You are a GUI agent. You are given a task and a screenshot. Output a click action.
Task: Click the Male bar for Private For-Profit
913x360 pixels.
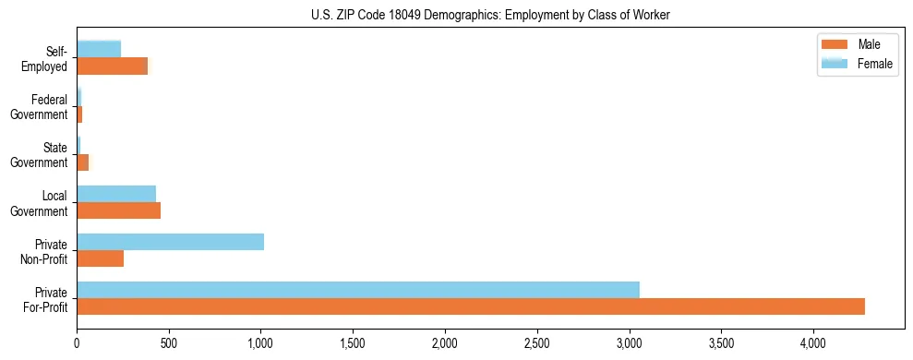point(471,306)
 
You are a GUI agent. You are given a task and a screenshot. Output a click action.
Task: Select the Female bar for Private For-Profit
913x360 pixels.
point(358,290)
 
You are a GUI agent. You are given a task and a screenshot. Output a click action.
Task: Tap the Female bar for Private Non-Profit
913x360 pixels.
point(170,242)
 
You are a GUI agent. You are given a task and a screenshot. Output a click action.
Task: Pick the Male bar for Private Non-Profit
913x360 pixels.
point(100,258)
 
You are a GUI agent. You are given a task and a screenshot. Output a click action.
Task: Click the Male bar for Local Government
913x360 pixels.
point(118,210)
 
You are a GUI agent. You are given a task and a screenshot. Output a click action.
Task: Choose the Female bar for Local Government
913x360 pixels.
point(116,194)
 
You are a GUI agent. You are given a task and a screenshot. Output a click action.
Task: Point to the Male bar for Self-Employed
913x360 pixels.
point(112,66)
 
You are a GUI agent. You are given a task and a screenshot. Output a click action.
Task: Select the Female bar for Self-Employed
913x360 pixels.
point(99,50)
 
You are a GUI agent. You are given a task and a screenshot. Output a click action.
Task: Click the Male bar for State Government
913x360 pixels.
point(82,162)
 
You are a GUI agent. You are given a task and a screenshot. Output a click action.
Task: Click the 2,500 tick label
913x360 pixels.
point(536,342)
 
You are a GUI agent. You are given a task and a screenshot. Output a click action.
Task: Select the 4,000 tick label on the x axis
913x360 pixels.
point(813,342)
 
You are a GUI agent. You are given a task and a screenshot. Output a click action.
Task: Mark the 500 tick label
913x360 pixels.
point(169,342)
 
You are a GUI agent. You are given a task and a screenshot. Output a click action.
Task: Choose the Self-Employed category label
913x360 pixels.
point(45,58)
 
